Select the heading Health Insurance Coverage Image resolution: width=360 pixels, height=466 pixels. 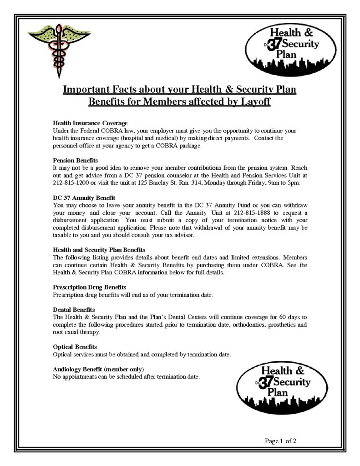pyautogui.click(x=90, y=123)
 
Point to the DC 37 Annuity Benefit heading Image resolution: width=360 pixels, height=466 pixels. pyautogui.click(x=84, y=198)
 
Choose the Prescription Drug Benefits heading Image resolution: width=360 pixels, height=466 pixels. pyautogui.click(x=90, y=287)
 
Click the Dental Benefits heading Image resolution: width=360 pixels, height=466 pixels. pyautogui.click(x=74, y=309)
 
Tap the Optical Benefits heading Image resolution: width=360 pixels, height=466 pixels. pyautogui.click(x=75, y=346)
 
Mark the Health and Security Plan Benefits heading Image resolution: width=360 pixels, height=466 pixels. pyautogui.click(x=99, y=250)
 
